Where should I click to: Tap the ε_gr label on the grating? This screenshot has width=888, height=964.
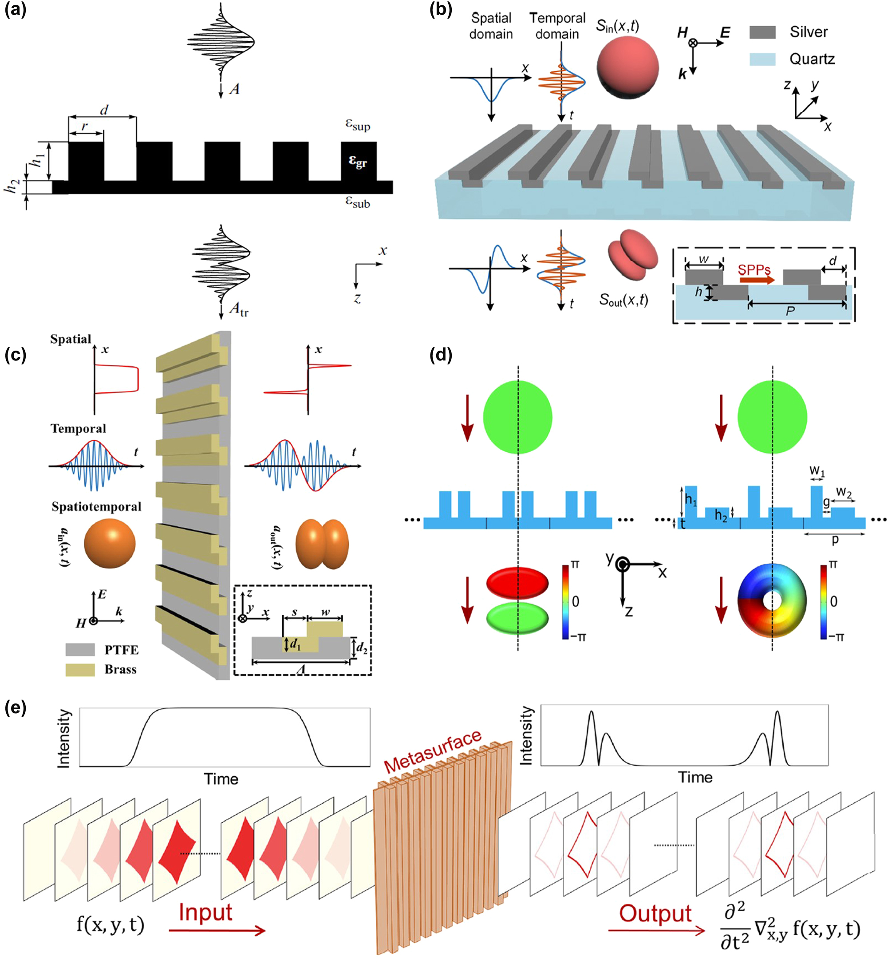click(358, 162)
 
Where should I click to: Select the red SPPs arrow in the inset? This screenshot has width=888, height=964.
click(757, 280)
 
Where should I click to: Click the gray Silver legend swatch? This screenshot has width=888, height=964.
click(762, 32)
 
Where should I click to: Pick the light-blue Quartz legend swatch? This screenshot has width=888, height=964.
click(762, 59)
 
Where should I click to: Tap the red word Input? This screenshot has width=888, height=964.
click(205, 912)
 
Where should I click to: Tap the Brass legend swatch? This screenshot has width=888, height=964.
click(80, 669)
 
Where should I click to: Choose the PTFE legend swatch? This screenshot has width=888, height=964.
click(80, 650)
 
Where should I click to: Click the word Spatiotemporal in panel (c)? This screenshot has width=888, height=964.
click(96, 506)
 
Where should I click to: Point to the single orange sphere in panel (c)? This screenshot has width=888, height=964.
click(110, 544)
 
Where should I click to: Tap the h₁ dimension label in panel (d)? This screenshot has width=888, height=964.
click(691, 500)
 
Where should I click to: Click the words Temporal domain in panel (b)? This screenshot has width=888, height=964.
click(557, 25)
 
